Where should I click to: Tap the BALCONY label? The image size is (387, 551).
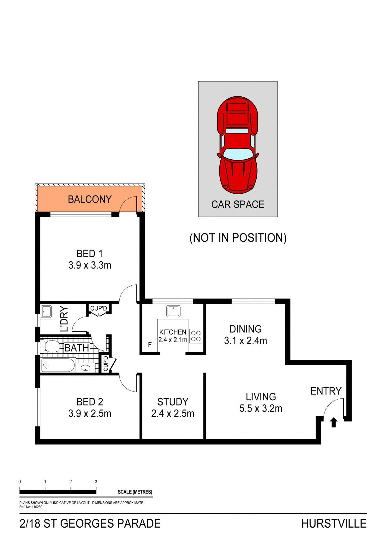click(x=90, y=199)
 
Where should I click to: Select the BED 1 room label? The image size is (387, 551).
click(x=90, y=254)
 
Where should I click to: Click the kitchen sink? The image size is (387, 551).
click(x=173, y=311)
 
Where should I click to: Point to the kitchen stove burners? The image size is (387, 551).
click(x=196, y=336)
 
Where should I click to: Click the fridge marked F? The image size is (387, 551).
click(x=150, y=345)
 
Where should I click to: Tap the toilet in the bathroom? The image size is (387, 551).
click(x=51, y=346)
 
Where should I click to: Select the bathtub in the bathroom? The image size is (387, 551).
click(x=58, y=366)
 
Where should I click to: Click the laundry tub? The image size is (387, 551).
click(x=47, y=312)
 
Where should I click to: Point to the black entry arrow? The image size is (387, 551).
click(x=334, y=422)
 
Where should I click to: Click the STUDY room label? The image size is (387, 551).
click(x=173, y=402)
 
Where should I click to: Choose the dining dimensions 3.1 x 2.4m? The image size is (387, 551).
click(x=246, y=341)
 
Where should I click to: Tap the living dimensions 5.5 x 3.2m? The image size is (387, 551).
click(x=261, y=409)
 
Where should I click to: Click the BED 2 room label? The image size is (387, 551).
click(x=90, y=402)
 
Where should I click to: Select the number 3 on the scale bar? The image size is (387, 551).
click(x=96, y=482)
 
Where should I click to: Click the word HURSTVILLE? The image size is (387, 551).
click(x=334, y=524)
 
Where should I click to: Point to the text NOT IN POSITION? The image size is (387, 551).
click(x=238, y=238)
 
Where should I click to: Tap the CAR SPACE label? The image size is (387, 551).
click(x=238, y=204)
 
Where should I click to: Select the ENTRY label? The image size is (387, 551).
click(x=326, y=391)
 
